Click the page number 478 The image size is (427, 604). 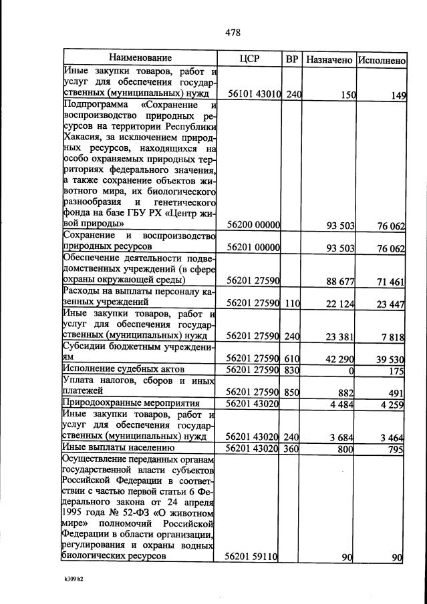pos(233,33)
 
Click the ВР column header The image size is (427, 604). pos(292,59)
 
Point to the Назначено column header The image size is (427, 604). pos(329,59)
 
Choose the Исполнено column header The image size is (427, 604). pos(382,59)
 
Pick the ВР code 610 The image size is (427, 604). pos(292,358)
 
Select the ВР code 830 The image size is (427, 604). pos(292,369)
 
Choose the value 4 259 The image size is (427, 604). pos(391,403)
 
